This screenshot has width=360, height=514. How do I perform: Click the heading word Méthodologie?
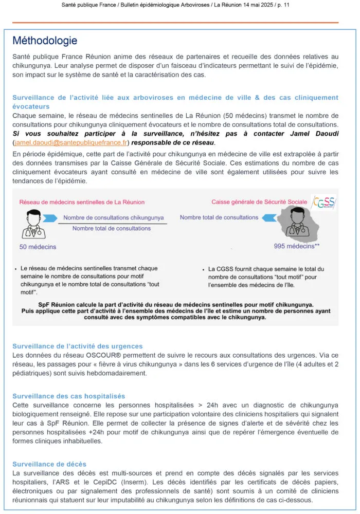point(45,41)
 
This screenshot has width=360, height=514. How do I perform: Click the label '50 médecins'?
point(38,247)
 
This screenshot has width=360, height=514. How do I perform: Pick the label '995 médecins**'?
point(297,246)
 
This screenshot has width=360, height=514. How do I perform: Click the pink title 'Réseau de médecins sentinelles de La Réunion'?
point(82,202)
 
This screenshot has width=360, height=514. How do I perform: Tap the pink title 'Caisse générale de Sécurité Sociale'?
point(260,202)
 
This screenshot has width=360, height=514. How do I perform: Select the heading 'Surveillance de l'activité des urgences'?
point(78,346)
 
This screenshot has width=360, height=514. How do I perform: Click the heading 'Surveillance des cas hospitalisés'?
point(68,396)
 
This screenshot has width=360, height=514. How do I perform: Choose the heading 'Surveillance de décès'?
point(49,464)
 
